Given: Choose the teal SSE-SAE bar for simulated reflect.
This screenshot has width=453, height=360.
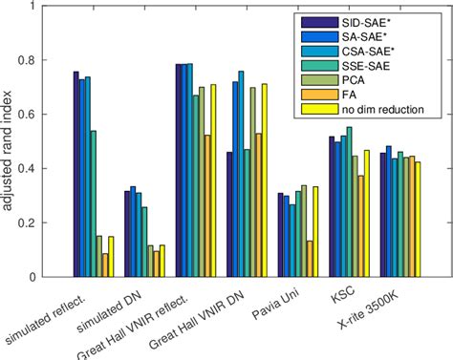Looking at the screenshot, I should [93, 203].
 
